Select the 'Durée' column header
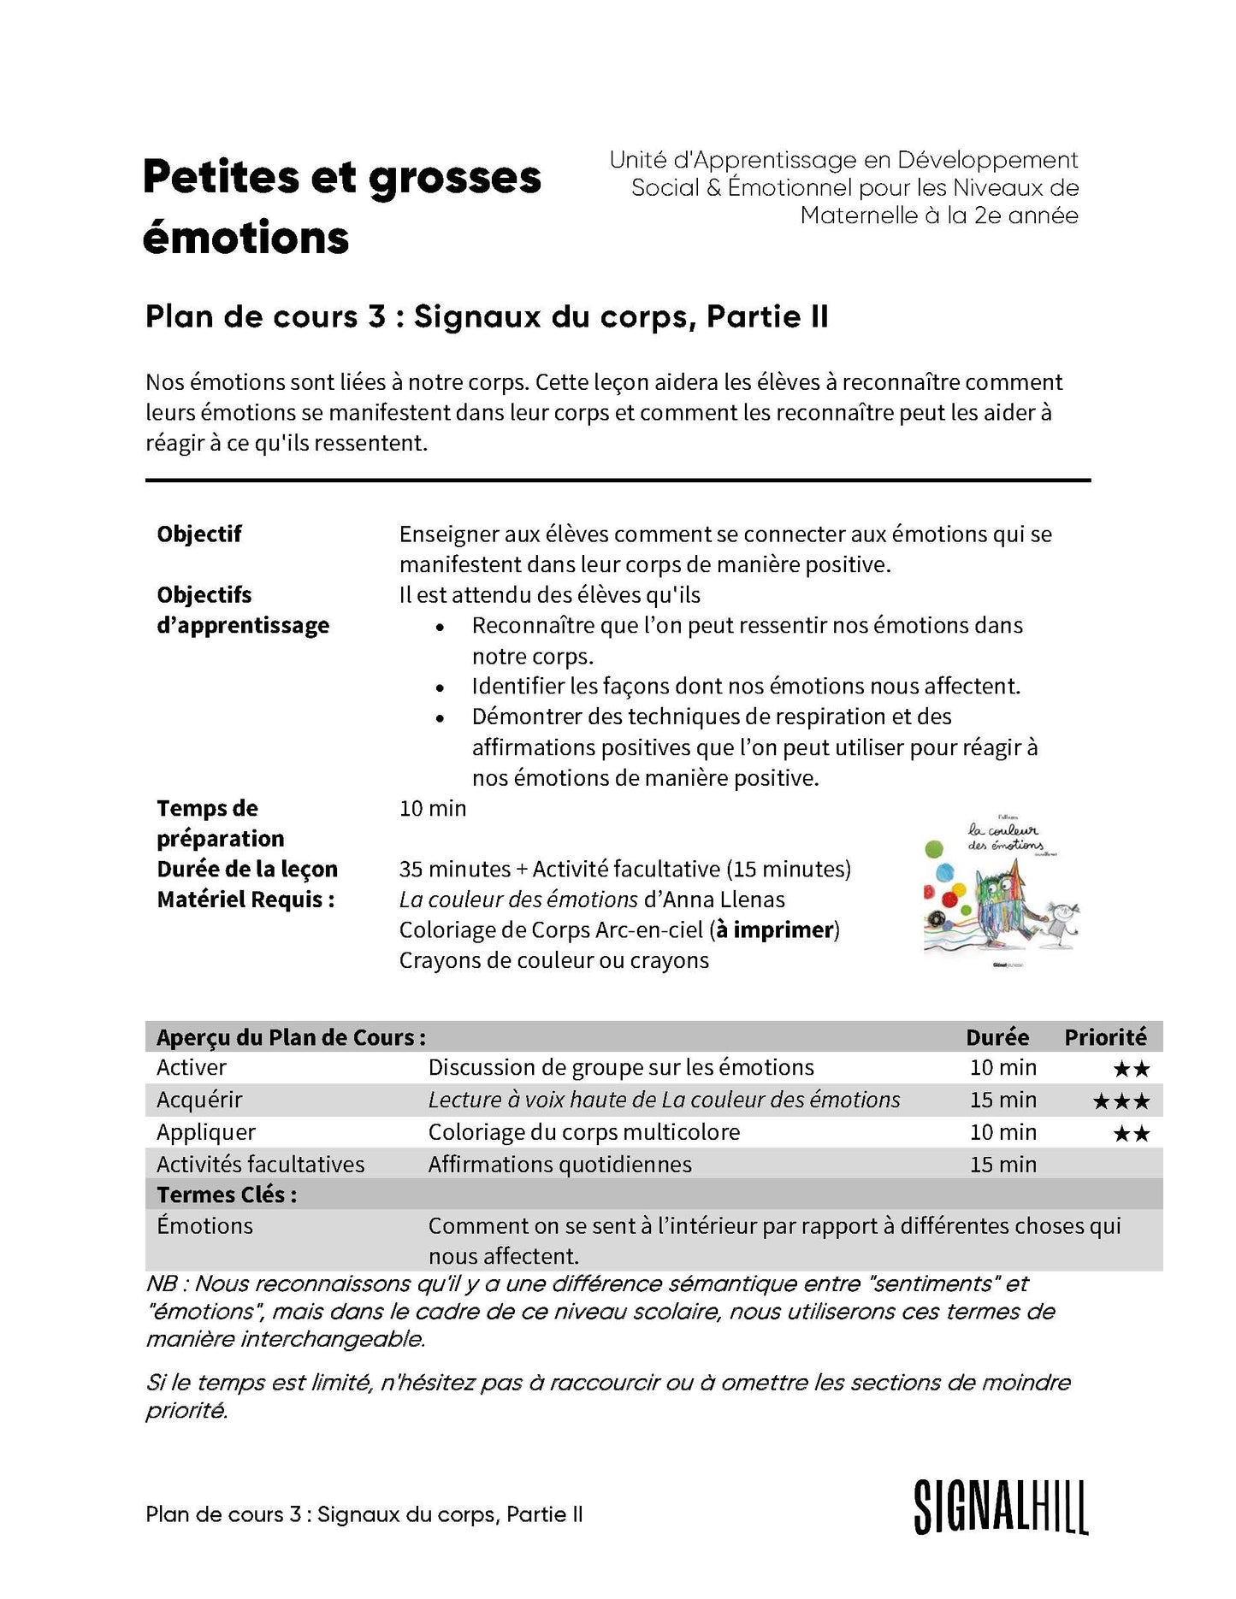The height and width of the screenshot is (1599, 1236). (x=997, y=1037)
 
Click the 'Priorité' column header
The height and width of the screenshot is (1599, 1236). (x=1105, y=1037)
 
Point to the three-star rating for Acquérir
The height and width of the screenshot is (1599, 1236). (x=1121, y=1101)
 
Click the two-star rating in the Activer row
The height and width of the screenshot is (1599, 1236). (x=1131, y=1069)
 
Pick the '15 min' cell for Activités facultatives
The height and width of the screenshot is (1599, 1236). (x=1002, y=1165)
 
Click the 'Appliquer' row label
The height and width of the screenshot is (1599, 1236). (x=206, y=1132)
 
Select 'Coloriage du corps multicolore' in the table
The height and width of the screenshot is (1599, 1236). (x=583, y=1132)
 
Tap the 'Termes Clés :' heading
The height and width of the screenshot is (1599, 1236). (x=227, y=1195)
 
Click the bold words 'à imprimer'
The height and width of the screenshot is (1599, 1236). (x=775, y=929)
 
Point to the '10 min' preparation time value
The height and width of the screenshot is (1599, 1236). (x=433, y=808)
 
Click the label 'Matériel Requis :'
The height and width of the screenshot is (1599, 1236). (x=245, y=900)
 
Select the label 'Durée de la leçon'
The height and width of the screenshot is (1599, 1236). (x=247, y=869)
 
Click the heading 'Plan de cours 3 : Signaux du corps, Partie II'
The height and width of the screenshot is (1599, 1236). (x=487, y=316)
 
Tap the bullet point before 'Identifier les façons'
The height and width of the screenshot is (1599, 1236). (x=440, y=687)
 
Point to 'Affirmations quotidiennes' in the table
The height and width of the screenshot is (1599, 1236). (x=559, y=1165)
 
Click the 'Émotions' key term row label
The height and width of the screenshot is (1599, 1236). (x=205, y=1225)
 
